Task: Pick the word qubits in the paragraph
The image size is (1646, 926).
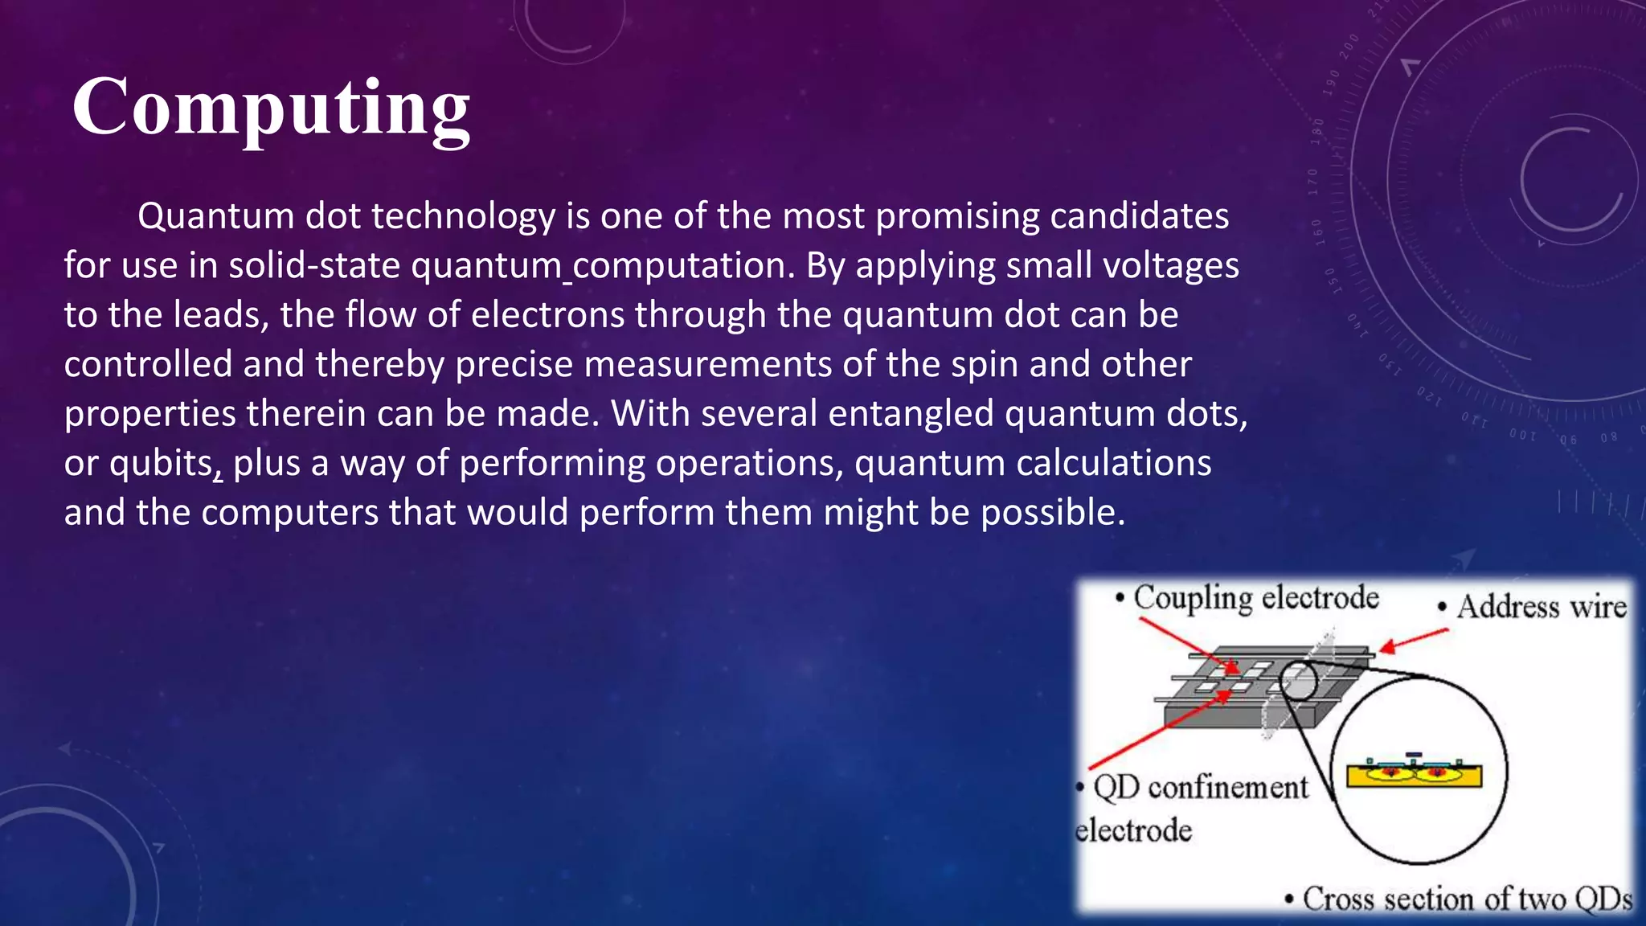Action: tap(161, 464)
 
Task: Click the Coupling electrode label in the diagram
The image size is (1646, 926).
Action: tap(1255, 598)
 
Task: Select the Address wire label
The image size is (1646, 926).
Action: tap(1541, 607)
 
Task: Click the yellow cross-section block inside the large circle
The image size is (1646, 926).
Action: tap(1414, 775)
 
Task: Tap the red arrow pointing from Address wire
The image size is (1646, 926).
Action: tap(1415, 640)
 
